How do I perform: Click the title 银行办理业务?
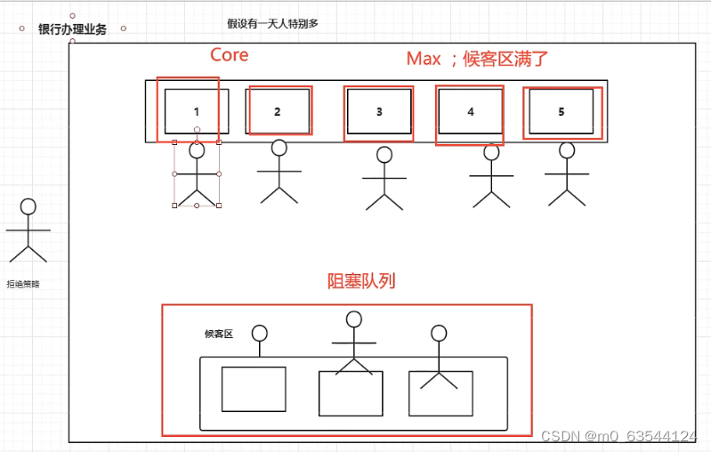click(72, 29)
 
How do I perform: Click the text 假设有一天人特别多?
click(272, 24)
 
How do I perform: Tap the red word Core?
click(229, 55)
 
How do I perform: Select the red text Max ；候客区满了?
click(477, 60)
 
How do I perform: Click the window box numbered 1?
click(197, 111)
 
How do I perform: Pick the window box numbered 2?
click(278, 111)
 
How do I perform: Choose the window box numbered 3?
click(379, 111)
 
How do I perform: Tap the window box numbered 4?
click(471, 111)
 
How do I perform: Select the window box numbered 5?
click(561, 111)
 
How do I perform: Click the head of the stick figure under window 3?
click(384, 155)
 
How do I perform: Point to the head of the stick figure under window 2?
click(279, 148)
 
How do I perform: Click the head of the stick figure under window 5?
click(567, 150)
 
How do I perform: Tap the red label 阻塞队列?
click(361, 282)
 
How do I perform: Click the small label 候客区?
click(218, 334)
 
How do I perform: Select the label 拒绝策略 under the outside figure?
click(23, 285)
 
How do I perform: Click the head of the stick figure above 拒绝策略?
click(28, 206)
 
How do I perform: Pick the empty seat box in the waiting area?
click(254, 389)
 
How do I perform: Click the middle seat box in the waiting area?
click(351, 393)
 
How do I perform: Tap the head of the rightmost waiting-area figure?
click(438, 334)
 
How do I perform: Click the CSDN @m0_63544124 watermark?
click(618, 436)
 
